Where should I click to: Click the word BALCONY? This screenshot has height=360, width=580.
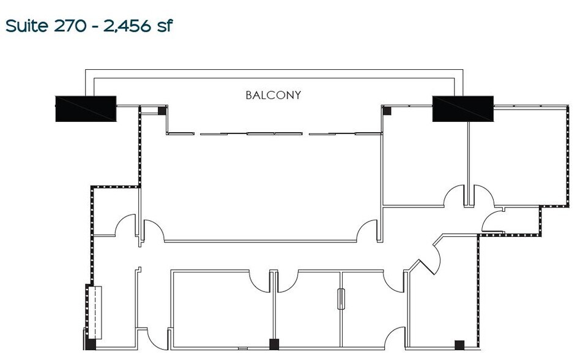coord(273,95)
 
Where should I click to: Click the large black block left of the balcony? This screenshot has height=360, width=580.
coord(86,108)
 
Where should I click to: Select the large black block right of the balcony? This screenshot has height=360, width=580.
coord(463,108)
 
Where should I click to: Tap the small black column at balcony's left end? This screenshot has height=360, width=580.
coord(162,110)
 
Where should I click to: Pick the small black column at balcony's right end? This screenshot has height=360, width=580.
coord(387,110)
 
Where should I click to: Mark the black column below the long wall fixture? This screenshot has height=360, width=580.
coord(91,343)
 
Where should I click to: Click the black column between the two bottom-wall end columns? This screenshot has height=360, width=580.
coord(274,343)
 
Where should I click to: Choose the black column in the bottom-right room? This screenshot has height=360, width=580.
coord(458,343)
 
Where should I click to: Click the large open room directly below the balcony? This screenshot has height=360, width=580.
coord(260,184)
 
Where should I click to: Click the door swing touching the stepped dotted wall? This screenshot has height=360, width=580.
coord(493,219)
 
